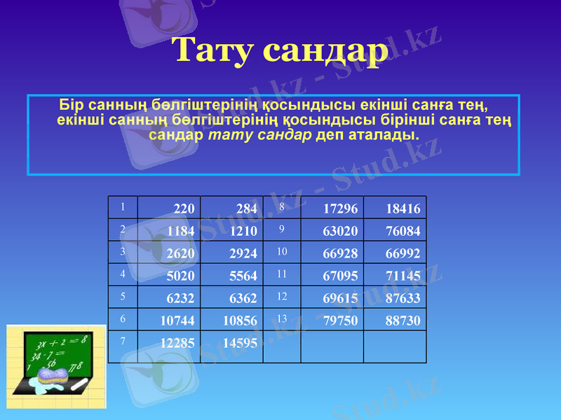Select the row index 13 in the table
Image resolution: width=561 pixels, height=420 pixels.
pos(283,318)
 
